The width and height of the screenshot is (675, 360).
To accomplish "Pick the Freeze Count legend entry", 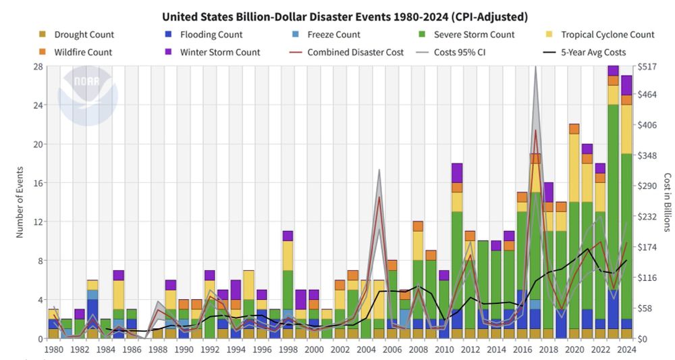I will [x=333, y=34].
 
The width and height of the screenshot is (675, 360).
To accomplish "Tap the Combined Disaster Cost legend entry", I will [x=355, y=52].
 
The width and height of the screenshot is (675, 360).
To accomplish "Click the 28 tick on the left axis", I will [x=38, y=66].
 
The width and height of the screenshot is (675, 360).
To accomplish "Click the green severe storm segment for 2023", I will [x=613, y=203].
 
